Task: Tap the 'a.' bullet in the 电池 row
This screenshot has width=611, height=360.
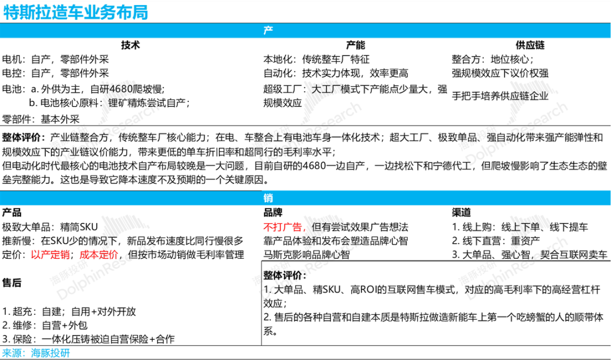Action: [x=34, y=89]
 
